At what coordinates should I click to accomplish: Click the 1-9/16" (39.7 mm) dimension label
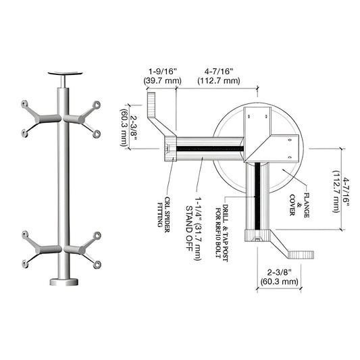(x=162, y=75)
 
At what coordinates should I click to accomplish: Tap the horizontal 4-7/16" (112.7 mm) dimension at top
(x=217, y=75)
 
